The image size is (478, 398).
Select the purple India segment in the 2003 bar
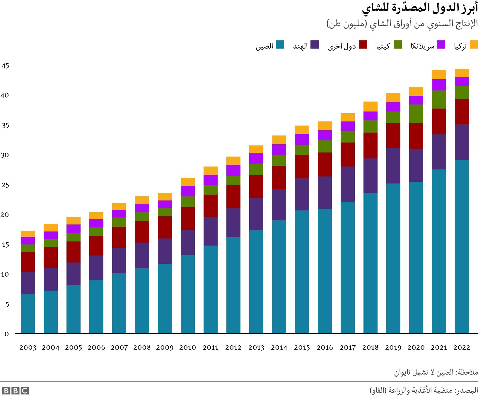pos(28,283)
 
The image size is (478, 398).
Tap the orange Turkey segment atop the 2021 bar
pos(439,75)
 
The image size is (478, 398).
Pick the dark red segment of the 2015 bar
pos(302,166)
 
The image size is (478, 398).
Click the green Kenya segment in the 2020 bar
pos(416,114)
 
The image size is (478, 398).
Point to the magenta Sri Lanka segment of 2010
pos(187,191)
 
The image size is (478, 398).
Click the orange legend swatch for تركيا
pos(474,45)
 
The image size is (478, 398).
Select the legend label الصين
pos(264,46)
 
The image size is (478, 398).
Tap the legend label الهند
pos(301,46)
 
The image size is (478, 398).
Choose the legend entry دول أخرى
pos(342,46)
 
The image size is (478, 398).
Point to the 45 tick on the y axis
pos(5,66)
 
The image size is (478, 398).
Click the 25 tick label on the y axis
pos(5,185)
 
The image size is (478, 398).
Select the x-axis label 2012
pos(233,348)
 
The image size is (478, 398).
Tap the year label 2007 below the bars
pos(119,348)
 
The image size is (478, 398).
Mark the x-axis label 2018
pos(370,348)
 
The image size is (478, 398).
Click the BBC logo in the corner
pos(15,391)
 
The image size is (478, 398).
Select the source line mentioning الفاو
pos(424,391)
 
